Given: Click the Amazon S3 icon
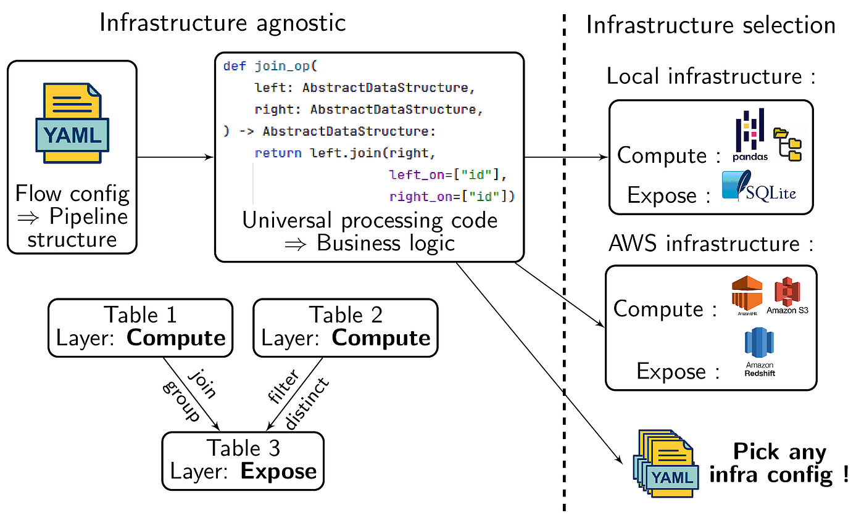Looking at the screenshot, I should click(787, 295).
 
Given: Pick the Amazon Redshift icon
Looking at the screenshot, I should click(759, 351).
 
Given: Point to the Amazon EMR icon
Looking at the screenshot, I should click(747, 295).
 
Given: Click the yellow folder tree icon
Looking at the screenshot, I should click(787, 144).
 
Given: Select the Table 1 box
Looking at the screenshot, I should click(141, 327).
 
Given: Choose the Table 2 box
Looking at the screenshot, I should click(346, 327).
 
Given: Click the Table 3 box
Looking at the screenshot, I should click(243, 461).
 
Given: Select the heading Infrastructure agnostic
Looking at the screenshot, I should click(222, 23).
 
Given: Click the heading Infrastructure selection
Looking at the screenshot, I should click(710, 25).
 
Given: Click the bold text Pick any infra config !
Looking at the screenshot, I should click(779, 463).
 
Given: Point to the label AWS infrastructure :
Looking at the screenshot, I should click(710, 244).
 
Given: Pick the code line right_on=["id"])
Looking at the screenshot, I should click(452, 197).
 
